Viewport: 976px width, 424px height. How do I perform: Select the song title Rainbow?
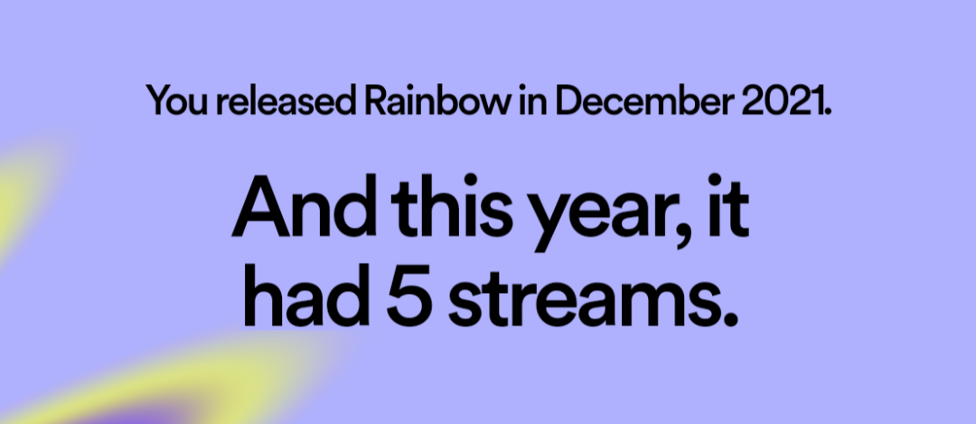point(436,99)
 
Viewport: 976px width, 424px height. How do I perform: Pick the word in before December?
point(532,99)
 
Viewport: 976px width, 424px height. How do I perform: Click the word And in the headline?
point(305,205)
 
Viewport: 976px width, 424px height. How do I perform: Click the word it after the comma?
point(728,205)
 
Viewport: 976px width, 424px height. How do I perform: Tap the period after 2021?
point(827,111)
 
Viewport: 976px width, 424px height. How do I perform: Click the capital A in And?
point(261,207)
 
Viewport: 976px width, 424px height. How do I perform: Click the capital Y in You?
point(159,101)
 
